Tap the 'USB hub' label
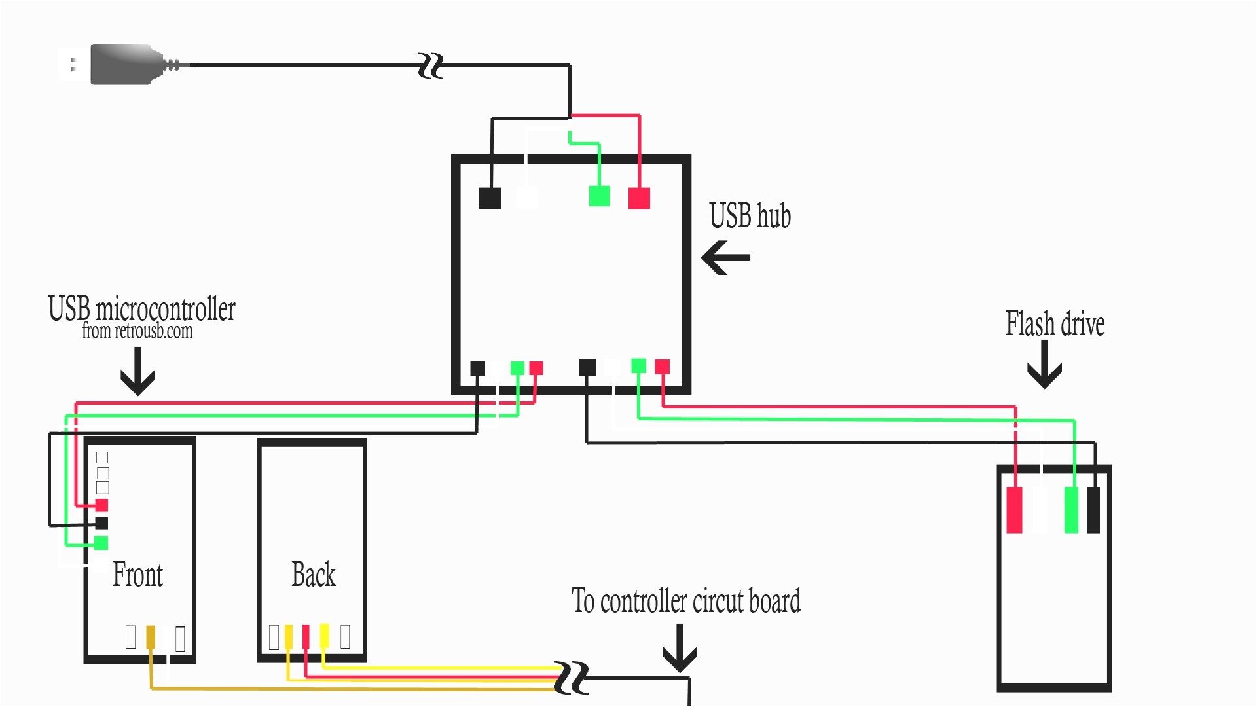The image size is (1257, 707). [750, 216]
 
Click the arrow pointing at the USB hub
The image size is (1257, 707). [725, 257]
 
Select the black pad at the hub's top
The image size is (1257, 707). [490, 198]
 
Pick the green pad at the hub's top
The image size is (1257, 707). [599, 196]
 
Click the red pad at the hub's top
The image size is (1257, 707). [639, 198]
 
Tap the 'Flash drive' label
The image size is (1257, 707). [1055, 324]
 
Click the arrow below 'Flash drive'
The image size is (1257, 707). [1044, 365]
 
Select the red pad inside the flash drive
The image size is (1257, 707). [1014, 510]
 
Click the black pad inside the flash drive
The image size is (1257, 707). [1093, 510]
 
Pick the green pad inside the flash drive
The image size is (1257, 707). [1071, 510]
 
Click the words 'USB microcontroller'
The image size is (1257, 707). [141, 309]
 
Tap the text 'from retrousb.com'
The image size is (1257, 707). [137, 331]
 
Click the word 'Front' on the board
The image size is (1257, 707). [137, 575]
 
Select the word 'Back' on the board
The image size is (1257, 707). [313, 575]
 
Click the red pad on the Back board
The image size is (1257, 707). [306, 636]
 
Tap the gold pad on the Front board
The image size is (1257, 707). [151, 637]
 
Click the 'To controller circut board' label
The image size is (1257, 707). [685, 601]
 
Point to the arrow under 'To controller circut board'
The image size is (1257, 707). [680, 648]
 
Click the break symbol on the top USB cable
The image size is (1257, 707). [431, 66]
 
